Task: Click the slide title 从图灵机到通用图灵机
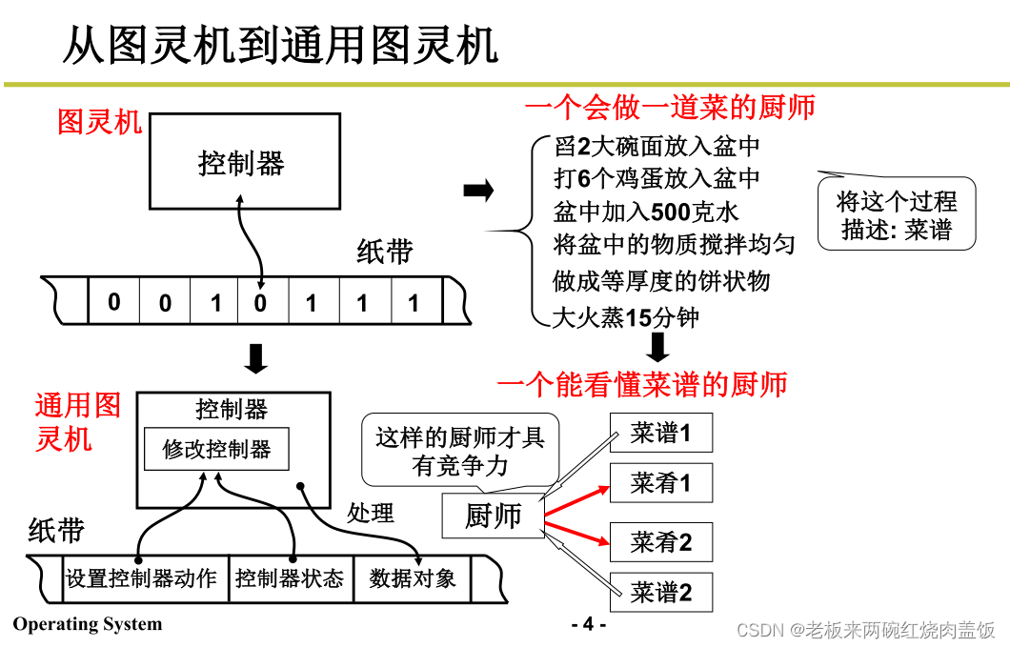pyautogui.click(x=280, y=45)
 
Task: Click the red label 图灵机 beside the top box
pyautogui.click(x=100, y=122)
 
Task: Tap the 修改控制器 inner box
pyautogui.click(x=216, y=449)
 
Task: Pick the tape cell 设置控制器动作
pyautogui.click(x=141, y=578)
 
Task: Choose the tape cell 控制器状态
pyautogui.click(x=290, y=578)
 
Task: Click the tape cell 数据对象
pyautogui.click(x=412, y=578)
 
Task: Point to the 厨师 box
pyautogui.click(x=493, y=516)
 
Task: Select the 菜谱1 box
pyautogui.click(x=659, y=434)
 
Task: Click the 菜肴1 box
pyautogui.click(x=659, y=483)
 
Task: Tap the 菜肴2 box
pyautogui.click(x=659, y=543)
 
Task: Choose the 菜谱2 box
pyautogui.click(x=659, y=593)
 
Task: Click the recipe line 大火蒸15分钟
pyautogui.click(x=626, y=317)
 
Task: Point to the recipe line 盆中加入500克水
pyautogui.click(x=646, y=211)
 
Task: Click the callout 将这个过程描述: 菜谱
pyautogui.click(x=897, y=215)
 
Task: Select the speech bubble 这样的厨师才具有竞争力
pyautogui.click(x=460, y=451)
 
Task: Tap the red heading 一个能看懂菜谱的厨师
pyautogui.click(x=642, y=384)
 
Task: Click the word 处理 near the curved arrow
pyautogui.click(x=370, y=513)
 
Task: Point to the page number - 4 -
pyautogui.click(x=588, y=624)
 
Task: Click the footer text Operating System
pyautogui.click(x=87, y=624)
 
